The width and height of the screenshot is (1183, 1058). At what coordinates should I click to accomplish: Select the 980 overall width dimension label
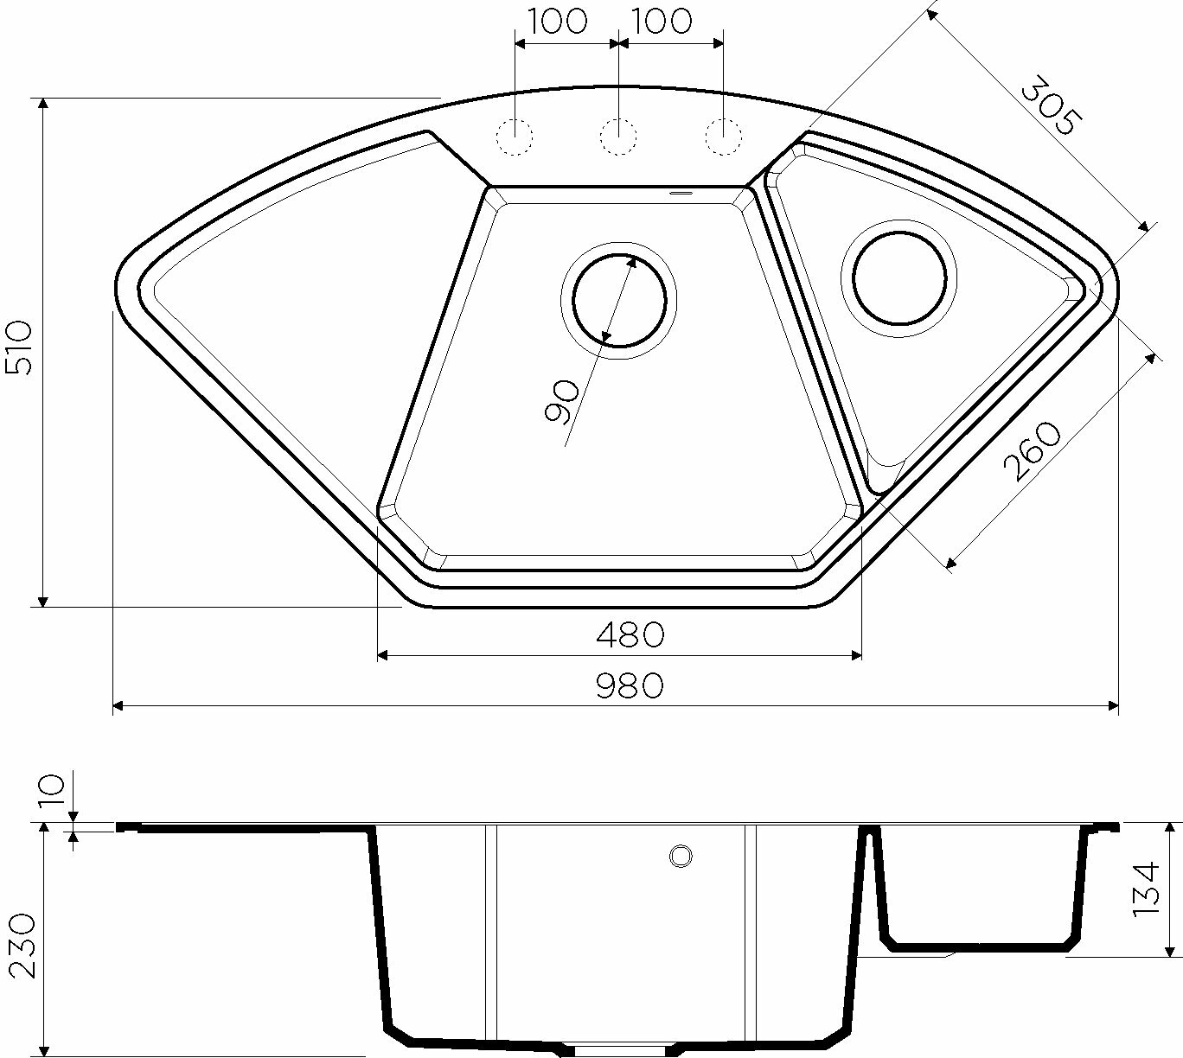pyautogui.click(x=630, y=685)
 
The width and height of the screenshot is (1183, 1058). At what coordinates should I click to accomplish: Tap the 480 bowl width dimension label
pyautogui.click(x=630, y=634)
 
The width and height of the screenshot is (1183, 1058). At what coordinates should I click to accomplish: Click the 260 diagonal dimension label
pyautogui.click(x=1032, y=451)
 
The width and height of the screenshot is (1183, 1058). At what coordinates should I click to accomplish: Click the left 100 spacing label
pyautogui.click(x=559, y=22)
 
